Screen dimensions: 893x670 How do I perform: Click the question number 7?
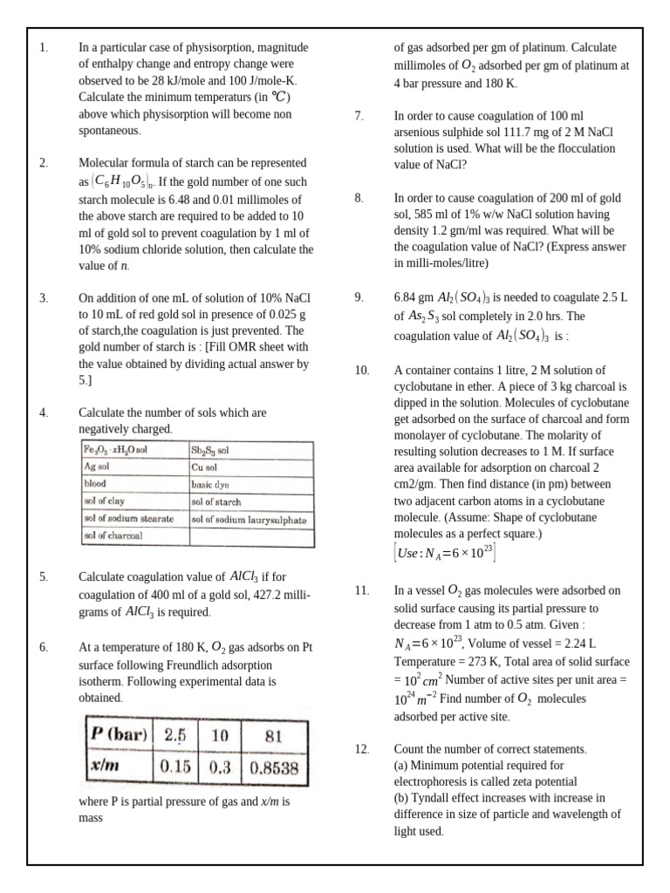tap(359, 115)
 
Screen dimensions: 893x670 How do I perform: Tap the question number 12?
tap(362, 749)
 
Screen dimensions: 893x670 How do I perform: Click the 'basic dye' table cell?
tap(210, 484)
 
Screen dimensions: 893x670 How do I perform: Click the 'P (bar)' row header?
tap(120, 734)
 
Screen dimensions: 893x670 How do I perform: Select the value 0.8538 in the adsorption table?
tap(274, 768)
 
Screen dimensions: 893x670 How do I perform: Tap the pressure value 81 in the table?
tap(273, 735)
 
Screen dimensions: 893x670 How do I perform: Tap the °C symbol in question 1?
tap(282, 97)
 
